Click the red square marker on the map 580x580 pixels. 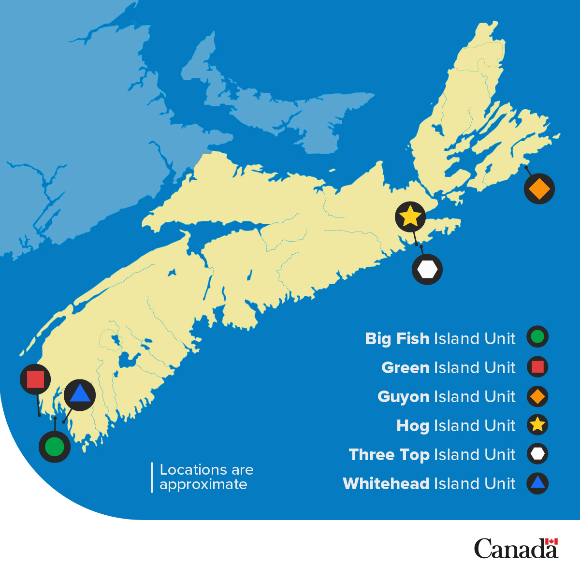pyautogui.click(x=35, y=379)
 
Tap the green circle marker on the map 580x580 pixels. pyautogui.click(x=55, y=447)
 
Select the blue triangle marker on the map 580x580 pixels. pyautogui.click(x=80, y=394)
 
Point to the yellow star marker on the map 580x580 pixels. pyautogui.click(x=410, y=217)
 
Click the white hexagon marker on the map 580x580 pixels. pyautogui.click(x=427, y=269)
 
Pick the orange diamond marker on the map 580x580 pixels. pyautogui.click(x=539, y=188)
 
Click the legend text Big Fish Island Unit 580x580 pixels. pyautogui.click(x=440, y=339)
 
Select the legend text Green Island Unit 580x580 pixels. pyautogui.click(x=449, y=368)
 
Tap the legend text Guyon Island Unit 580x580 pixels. pyautogui.click(x=447, y=397)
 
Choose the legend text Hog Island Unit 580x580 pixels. pyautogui.click(x=456, y=426)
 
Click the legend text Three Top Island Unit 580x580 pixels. pyautogui.click(x=432, y=455)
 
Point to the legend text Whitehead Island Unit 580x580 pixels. pyautogui.click(x=429, y=484)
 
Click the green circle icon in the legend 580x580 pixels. pyautogui.click(x=537, y=337)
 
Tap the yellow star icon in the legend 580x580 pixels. pyautogui.click(x=537, y=425)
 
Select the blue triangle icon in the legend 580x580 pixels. pyautogui.click(x=537, y=483)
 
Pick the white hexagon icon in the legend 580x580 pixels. pyautogui.click(x=537, y=454)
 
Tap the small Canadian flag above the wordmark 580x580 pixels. pyautogui.click(x=551, y=541)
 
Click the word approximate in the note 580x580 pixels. pyautogui.click(x=203, y=485)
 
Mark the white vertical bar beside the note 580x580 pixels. pyautogui.click(x=152, y=478)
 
